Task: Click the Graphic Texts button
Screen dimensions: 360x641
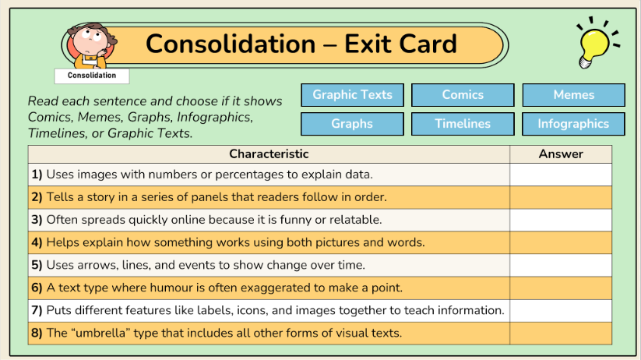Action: click(352, 95)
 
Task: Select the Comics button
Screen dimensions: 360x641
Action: click(463, 95)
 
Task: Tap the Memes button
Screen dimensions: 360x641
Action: click(573, 95)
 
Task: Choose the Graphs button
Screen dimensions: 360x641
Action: click(352, 124)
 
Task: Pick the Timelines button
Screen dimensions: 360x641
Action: click(463, 124)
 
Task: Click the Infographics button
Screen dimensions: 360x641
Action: click(573, 124)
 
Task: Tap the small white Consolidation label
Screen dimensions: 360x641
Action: click(92, 76)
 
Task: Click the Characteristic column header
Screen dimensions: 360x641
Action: click(269, 154)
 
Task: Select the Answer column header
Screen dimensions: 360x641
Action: click(561, 154)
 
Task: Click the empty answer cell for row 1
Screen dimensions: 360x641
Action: click(561, 175)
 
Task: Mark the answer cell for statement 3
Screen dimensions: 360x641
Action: click(561, 220)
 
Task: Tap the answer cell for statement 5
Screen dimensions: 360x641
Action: click(561, 265)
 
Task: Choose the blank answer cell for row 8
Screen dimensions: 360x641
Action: click(561, 333)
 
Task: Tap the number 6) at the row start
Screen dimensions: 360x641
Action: click(37, 288)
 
